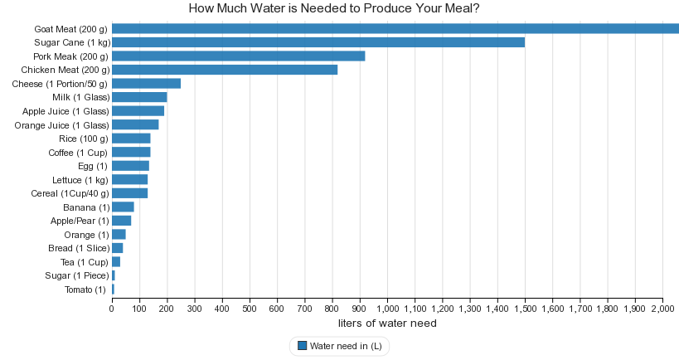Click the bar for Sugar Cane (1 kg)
pyautogui.click(x=318, y=42)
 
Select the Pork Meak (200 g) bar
pyautogui.click(x=239, y=56)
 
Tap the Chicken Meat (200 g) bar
pyautogui.click(x=225, y=70)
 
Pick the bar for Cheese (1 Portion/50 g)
pyautogui.click(x=146, y=83)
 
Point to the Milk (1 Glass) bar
pyautogui.click(x=139, y=97)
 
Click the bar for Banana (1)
pyautogui.click(x=123, y=207)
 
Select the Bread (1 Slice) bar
pyautogui.click(x=117, y=248)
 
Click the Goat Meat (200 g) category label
pyautogui.click(x=71, y=29)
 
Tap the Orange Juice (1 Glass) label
pyautogui.click(x=62, y=125)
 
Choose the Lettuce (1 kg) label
pyautogui.click(x=80, y=180)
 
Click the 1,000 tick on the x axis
pyautogui.click(x=387, y=309)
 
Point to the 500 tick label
pyautogui.click(x=250, y=309)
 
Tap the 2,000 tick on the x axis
pyautogui.click(x=662, y=309)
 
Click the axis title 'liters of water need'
pyautogui.click(x=387, y=324)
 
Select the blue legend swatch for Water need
pyautogui.click(x=302, y=346)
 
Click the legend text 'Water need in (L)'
pyautogui.click(x=346, y=346)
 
